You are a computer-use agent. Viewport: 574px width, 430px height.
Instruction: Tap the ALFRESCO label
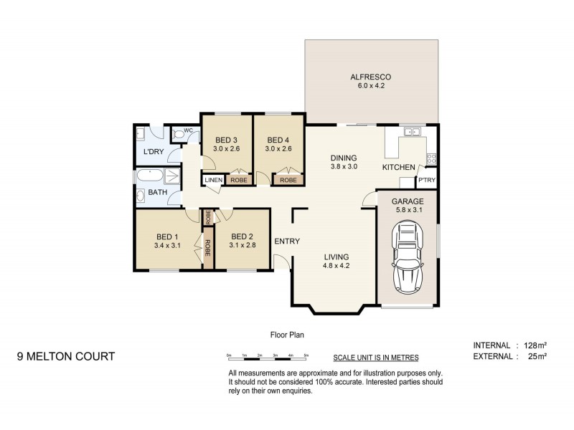(x=370, y=77)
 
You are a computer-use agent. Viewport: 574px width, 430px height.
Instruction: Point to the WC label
(x=188, y=130)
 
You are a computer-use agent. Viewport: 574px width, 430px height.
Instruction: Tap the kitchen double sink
(x=411, y=132)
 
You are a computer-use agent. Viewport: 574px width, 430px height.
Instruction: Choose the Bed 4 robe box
(x=289, y=180)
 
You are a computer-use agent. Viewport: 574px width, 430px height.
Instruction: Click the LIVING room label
(x=336, y=257)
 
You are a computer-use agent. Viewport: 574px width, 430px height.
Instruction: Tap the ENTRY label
(x=287, y=242)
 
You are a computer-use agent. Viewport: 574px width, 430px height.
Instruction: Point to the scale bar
(x=267, y=355)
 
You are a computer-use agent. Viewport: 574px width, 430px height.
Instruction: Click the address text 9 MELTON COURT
(x=65, y=356)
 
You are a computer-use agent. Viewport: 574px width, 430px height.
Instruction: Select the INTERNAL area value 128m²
(x=535, y=345)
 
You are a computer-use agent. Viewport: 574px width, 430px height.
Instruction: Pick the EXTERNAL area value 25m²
(x=537, y=356)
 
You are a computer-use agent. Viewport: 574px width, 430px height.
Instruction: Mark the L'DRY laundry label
(x=153, y=152)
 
